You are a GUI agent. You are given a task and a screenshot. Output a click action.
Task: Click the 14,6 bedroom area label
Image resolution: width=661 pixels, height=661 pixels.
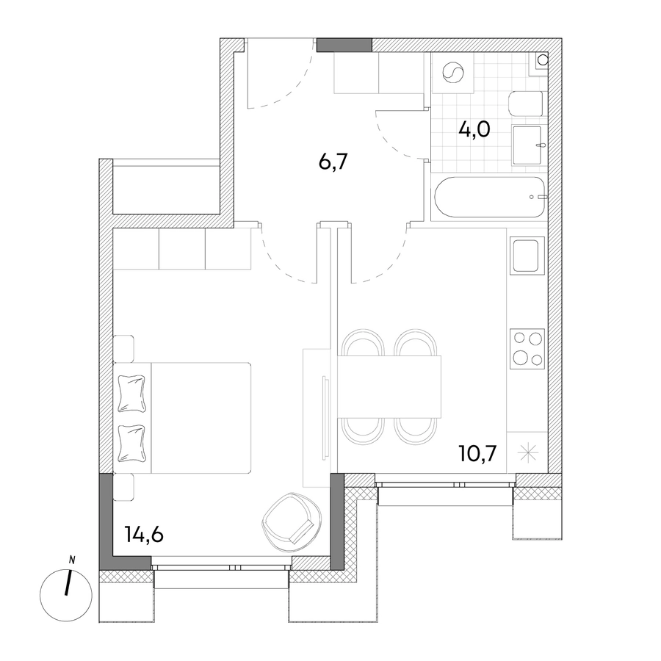(144, 535)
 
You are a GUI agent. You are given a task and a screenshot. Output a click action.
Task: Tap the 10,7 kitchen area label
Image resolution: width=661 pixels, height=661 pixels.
(478, 453)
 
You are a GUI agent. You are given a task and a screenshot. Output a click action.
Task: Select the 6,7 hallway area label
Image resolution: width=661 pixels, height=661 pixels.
(333, 162)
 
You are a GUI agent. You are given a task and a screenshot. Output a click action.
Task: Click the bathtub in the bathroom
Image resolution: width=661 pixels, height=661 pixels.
(491, 197)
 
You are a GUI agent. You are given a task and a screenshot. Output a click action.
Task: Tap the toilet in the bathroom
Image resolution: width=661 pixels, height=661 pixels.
(526, 104)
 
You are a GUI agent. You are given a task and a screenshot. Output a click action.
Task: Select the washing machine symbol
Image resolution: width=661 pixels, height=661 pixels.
(452, 73)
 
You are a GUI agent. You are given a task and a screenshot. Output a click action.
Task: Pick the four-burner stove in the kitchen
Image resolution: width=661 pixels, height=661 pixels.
(527, 349)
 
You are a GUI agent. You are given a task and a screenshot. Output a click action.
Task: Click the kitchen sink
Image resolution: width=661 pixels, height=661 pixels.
(527, 255)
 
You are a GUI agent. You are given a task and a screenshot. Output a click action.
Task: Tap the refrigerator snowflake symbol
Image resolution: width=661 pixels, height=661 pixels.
(528, 453)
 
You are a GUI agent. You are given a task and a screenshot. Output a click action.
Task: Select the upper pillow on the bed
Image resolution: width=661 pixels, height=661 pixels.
(132, 393)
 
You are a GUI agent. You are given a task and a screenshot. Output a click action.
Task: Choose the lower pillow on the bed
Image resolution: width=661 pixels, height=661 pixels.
(132, 443)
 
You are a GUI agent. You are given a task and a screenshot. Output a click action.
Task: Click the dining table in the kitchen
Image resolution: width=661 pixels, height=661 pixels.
(389, 386)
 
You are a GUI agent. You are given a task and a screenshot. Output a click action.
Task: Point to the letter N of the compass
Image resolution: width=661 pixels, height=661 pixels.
(72, 560)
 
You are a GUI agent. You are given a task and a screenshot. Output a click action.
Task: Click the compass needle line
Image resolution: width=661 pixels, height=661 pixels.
(68, 583)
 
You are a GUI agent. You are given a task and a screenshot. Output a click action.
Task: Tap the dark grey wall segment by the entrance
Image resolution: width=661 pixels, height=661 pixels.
(344, 45)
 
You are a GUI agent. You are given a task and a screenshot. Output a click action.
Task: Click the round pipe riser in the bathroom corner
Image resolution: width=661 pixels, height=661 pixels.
(543, 59)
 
